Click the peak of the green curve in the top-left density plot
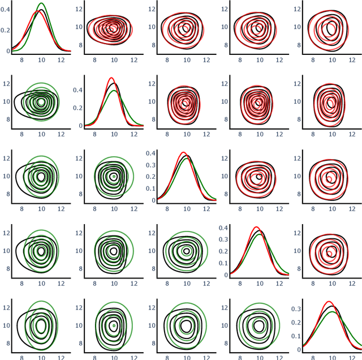pyautogui.click(x=41, y=3)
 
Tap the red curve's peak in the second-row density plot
pyautogui.click(x=111, y=78)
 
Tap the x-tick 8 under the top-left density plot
pyautogui.click(x=21, y=60)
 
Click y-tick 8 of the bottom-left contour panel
pyautogui.click(x=6, y=344)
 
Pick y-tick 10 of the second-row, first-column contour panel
pyautogui.click(x=6, y=102)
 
